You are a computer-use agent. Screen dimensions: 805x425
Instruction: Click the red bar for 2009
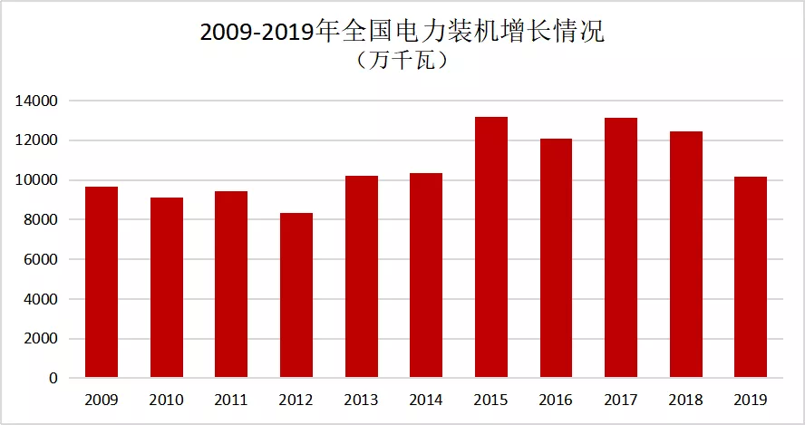(x=102, y=283)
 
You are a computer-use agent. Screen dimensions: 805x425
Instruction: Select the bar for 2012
(x=296, y=295)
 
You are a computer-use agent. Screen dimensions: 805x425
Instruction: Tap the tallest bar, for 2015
(x=491, y=247)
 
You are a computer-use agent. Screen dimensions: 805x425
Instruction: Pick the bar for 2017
(x=621, y=248)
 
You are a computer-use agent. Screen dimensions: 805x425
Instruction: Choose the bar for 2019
(x=751, y=277)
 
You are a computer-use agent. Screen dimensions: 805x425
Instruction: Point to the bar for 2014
(x=426, y=275)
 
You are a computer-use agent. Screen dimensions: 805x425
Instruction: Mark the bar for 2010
(x=166, y=287)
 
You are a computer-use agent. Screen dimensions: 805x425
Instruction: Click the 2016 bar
(x=556, y=258)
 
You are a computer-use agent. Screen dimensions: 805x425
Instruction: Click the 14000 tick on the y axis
(x=36, y=101)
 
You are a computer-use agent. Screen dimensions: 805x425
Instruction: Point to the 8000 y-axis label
(x=40, y=219)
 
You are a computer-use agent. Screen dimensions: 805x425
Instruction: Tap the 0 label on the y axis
(x=53, y=378)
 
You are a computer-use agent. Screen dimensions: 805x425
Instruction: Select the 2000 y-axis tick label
(x=40, y=339)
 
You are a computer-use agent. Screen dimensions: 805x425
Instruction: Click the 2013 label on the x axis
(x=361, y=400)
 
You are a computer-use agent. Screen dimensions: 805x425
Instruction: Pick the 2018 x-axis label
(x=686, y=400)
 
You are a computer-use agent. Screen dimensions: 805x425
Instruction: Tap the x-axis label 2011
(x=231, y=400)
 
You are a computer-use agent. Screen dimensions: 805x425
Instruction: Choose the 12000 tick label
(x=36, y=140)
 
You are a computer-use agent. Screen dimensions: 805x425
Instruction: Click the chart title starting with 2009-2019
(x=402, y=32)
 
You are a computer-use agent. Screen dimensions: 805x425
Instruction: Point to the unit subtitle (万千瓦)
(x=402, y=61)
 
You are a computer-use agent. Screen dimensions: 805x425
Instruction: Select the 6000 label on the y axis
(x=40, y=259)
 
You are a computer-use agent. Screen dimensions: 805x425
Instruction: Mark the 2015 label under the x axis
(x=490, y=400)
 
